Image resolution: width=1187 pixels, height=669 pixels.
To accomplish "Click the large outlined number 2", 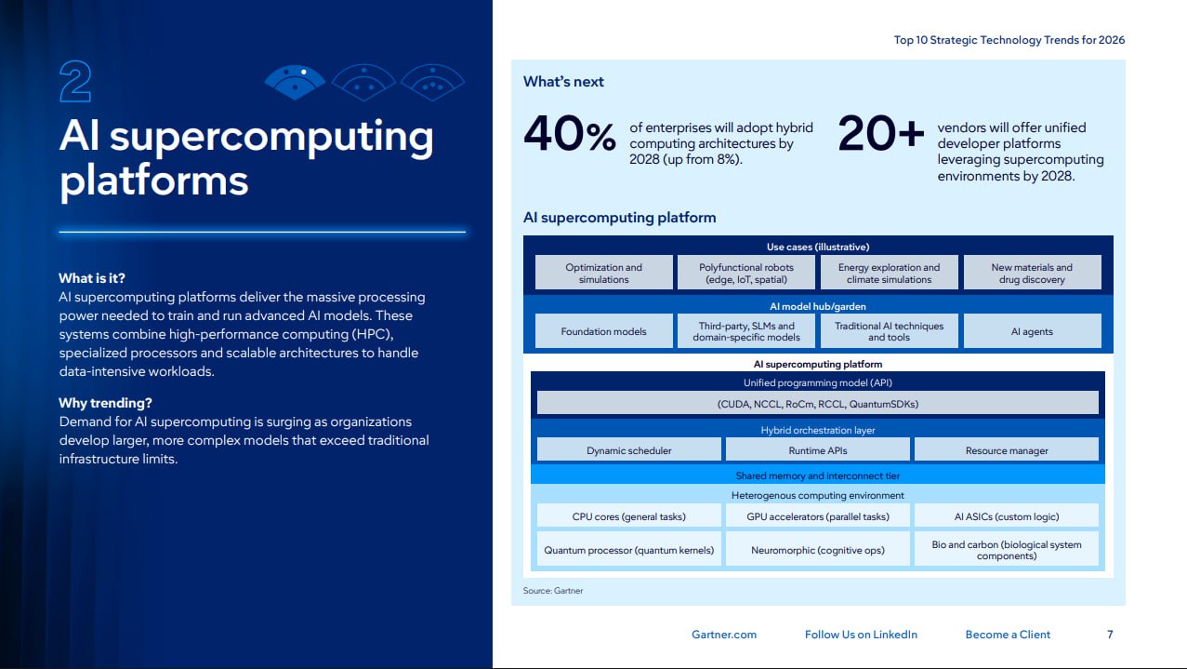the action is [75, 81].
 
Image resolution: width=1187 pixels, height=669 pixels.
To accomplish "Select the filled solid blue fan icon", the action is [295, 82].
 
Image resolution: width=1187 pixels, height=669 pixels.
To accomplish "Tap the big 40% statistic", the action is [569, 133].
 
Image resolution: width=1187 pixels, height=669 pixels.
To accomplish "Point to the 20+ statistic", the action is [880, 133].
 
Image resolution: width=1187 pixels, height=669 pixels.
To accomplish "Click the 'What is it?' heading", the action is [92, 278].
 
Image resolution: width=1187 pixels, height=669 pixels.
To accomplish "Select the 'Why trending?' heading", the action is [105, 403].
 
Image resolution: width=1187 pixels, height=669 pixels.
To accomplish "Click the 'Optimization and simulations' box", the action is [603, 273].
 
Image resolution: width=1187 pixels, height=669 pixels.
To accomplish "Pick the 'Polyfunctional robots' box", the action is [746, 273].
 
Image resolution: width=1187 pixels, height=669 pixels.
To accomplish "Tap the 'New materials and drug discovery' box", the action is [1032, 273].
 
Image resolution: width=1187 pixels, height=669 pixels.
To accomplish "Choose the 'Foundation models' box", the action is [603, 331].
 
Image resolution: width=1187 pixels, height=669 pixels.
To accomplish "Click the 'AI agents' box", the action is [1032, 331].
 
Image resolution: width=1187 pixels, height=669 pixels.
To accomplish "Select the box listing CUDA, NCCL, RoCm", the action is [818, 403].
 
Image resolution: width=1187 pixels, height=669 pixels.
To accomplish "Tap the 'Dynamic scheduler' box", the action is [629, 450].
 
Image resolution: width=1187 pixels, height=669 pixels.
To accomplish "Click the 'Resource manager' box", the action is [1007, 450].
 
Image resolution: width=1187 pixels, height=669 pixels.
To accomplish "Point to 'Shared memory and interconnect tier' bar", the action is [818, 475].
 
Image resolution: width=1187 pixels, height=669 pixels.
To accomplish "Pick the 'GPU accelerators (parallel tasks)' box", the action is [818, 515].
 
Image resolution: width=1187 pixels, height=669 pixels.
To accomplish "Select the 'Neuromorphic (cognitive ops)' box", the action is [818, 550].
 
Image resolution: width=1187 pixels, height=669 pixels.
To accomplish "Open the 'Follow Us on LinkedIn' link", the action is [861, 634].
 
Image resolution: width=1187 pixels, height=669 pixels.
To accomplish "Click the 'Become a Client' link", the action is [1008, 634].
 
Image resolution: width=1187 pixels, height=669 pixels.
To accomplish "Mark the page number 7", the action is [1110, 634].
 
